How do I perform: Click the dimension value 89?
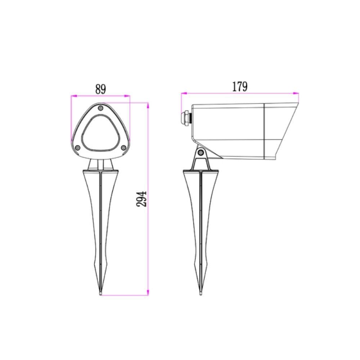tap(100, 89)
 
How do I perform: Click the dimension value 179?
tap(240, 87)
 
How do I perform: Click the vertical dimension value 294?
tap(141, 199)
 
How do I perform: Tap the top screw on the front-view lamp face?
tap(100, 108)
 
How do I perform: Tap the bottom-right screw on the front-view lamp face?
tap(123, 147)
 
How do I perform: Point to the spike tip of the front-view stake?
tap(100, 294)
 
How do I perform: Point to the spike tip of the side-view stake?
tap(201, 294)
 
